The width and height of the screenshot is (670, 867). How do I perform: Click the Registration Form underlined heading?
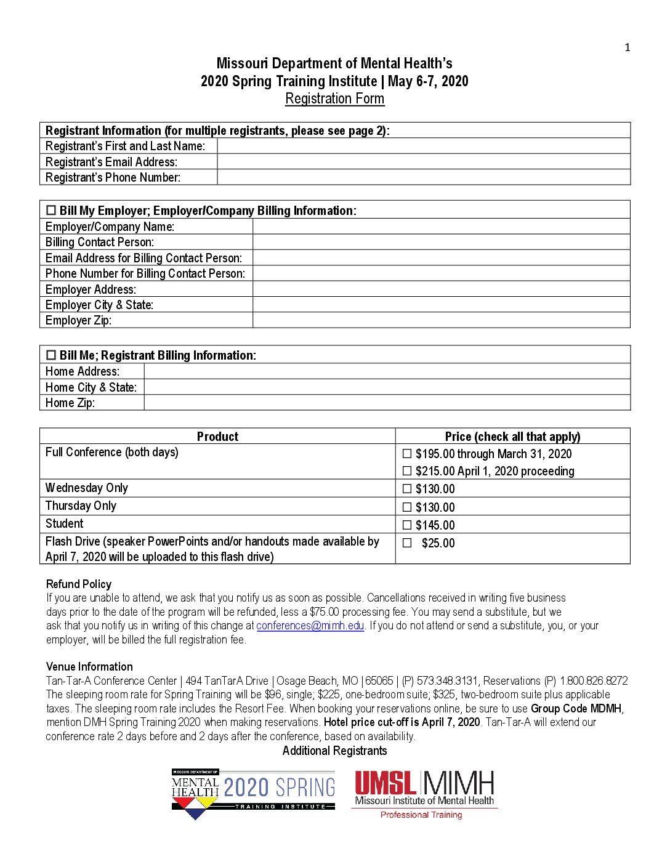[x=334, y=99]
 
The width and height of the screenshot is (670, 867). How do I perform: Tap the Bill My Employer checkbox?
[x=51, y=211]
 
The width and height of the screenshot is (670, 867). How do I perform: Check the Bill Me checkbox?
[x=51, y=355]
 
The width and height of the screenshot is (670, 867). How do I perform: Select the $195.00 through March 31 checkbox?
[x=407, y=454]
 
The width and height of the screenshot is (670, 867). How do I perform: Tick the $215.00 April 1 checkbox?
[x=407, y=471]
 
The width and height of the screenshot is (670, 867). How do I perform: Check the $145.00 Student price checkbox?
[x=407, y=525]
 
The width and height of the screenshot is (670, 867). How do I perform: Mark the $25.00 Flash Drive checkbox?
[x=407, y=543]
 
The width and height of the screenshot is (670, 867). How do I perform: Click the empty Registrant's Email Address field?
[x=424, y=162]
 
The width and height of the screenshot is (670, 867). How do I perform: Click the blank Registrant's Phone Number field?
[x=424, y=177]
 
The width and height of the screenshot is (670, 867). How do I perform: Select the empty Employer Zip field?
[x=441, y=320]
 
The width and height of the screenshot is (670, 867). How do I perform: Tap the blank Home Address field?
[x=387, y=371]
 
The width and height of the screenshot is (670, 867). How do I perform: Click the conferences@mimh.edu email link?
[x=310, y=626]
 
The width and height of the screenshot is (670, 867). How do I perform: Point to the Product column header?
[x=217, y=437]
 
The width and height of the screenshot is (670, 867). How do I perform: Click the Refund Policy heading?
[x=79, y=584]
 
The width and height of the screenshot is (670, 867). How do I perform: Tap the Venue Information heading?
[x=89, y=667]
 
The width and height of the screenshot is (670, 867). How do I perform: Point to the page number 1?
[x=628, y=47]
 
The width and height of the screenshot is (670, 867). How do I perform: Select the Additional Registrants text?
[x=334, y=751]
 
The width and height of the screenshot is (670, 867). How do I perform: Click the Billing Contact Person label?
[x=100, y=242]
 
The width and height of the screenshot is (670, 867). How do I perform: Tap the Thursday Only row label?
[x=81, y=506]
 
